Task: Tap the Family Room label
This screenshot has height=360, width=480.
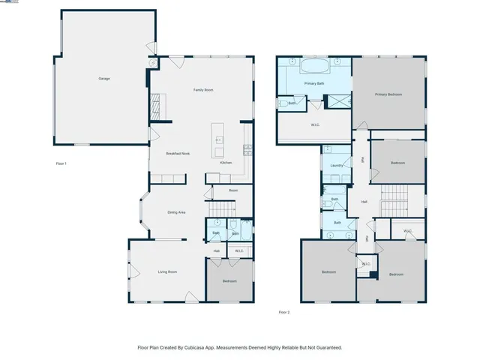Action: point(203,90)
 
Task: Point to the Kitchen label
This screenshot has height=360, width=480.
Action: point(226,163)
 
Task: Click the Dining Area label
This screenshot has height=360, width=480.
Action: point(175,213)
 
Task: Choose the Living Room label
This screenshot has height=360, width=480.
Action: point(166,271)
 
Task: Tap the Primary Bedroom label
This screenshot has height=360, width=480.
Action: point(388,94)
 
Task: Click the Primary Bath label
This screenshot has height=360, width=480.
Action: point(314,84)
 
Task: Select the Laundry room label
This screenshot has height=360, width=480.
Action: point(336,166)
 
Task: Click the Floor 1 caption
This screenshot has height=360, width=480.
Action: point(62,163)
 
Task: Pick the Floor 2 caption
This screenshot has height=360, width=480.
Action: point(283,312)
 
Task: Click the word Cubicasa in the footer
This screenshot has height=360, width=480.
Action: point(196,348)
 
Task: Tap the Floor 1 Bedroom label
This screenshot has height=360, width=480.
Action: point(229,281)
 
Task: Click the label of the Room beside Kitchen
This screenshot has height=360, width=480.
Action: point(233,190)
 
